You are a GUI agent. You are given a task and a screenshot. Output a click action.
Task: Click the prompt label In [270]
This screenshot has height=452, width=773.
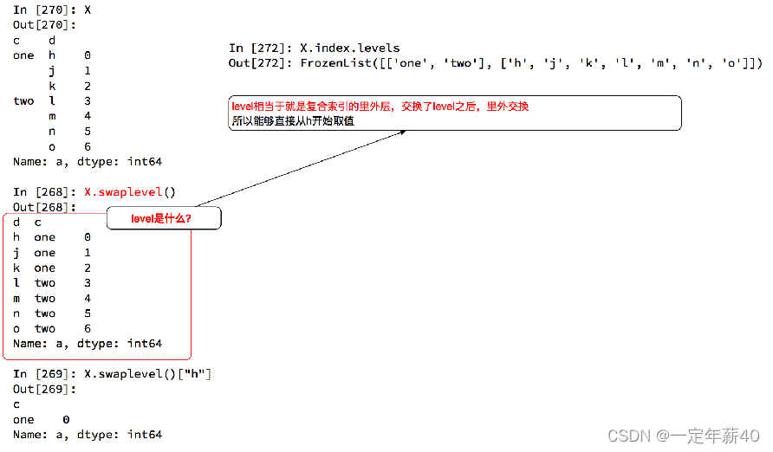(44, 10)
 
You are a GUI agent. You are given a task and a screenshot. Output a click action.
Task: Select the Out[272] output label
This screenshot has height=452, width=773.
(261, 63)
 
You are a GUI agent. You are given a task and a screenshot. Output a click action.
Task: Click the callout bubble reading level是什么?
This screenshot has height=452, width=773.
(163, 218)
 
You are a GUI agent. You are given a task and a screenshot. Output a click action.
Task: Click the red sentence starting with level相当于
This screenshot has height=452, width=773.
(380, 107)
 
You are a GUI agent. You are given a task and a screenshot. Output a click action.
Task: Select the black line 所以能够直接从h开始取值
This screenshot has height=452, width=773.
(292, 121)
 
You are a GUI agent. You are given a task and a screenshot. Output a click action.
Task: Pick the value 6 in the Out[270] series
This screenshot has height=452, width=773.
(88, 146)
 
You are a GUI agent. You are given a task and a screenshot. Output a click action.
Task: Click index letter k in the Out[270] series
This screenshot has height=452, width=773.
(52, 86)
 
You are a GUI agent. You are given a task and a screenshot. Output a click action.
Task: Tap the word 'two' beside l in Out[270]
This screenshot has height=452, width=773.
(23, 101)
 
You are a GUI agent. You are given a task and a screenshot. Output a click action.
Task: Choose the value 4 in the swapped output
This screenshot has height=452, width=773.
(88, 299)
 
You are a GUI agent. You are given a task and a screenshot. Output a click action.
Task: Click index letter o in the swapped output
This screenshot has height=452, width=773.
(16, 329)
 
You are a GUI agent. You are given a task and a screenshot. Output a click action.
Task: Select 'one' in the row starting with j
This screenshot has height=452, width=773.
(45, 253)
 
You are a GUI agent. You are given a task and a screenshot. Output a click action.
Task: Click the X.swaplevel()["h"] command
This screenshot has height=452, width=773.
(147, 374)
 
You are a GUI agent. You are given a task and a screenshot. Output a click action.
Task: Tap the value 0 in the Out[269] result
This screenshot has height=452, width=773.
(67, 419)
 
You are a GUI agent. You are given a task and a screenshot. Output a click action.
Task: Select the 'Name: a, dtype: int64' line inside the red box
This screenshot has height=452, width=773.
(88, 344)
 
